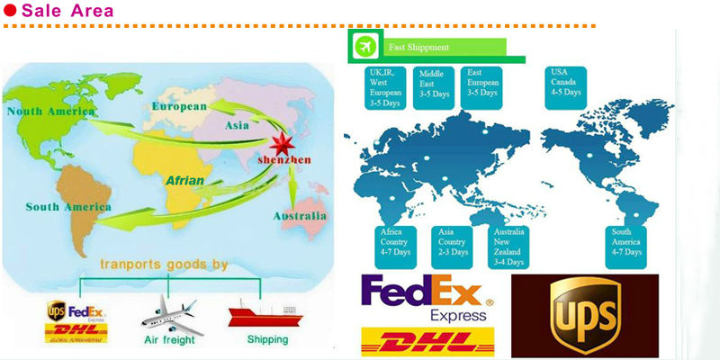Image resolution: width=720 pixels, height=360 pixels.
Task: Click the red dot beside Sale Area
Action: coord(10,12)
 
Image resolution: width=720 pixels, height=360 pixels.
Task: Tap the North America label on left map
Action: coord(50,112)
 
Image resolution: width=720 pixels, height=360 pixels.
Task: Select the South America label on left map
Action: coord(67,207)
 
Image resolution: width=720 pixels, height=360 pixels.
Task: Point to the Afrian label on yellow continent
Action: coord(184,181)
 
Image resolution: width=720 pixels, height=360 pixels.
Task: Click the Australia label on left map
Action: coord(300,216)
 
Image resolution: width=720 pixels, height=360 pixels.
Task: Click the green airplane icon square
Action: coord(364,47)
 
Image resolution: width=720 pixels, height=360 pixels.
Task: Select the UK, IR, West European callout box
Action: coord(387,86)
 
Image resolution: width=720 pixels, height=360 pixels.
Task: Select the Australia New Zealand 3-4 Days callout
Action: coord(508,246)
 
